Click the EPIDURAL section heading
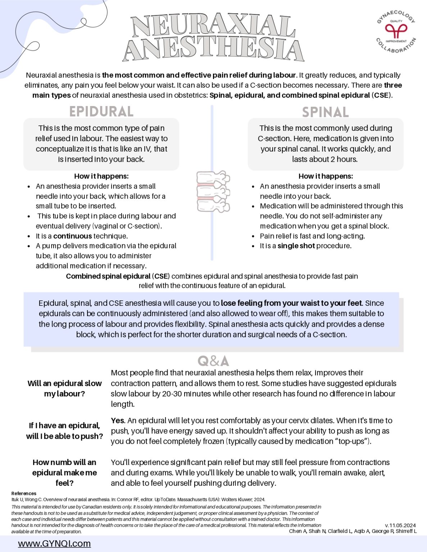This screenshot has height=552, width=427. coord(101,111)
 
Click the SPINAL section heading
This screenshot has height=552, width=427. coord(325,112)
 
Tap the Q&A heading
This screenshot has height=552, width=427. coord(213,361)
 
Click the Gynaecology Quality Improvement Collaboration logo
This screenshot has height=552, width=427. coord(396,32)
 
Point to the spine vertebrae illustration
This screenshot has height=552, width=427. coord(213,191)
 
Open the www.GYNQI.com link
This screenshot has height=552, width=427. coord(54,543)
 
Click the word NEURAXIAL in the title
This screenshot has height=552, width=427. coord(213,26)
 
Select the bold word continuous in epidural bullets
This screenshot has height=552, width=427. coord(73,236)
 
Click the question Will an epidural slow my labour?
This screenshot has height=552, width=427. coord(64,388)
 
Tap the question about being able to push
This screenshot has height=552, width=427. coord(64,431)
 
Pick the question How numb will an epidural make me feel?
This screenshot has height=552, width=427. coord(64,473)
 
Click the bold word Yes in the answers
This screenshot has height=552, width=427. coord(118,420)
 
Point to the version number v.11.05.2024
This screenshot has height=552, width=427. coord(400,525)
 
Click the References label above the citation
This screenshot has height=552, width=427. coord(24,493)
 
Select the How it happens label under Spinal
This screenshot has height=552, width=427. coord(326,176)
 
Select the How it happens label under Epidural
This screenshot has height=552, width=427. coord(101,176)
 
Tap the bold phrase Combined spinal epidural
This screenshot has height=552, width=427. coord(108,276)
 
